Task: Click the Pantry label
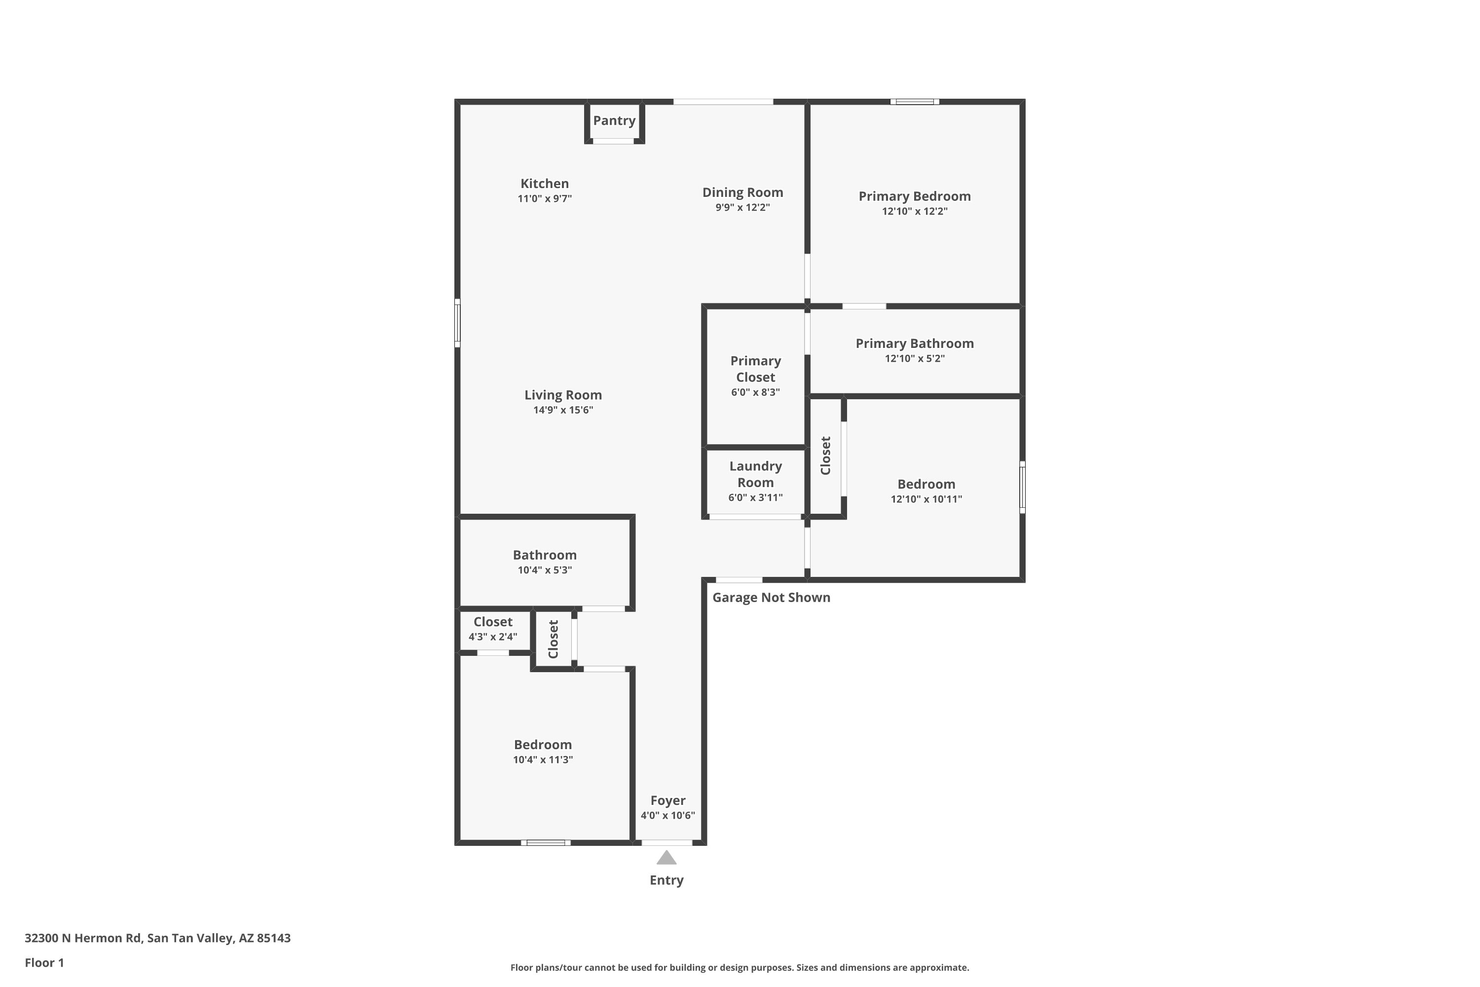pyautogui.click(x=614, y=120)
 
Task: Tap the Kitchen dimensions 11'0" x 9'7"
pyautogui.click(x=544, y=199)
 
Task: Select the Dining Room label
pyautogui.click(x=742, y=192)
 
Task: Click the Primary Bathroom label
pyautogui.click(x=914, y=343)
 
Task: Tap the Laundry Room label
pyautogui.click(x=755, y=474)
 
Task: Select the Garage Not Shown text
pyautogui.click(x=771, y=597)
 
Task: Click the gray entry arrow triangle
pyautogui.click(x=666, y=859)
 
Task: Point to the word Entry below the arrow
pyautogui.click(x=666, y=880)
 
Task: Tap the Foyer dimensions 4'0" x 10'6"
pyautogui.click(x=667, y=816)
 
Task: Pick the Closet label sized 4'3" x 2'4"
pyautogui.click(x=493, y=622)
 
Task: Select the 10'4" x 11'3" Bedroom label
pyautogui.click(x=542, y=745)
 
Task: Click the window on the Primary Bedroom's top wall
pyautogui.click(x=914, y=101)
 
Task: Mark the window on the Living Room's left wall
pyautogui.click(x=457, y=323)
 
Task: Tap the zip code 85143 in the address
pyautogui.click(x=274, y=938)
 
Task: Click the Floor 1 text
pyautogui.click(x=44, y=962)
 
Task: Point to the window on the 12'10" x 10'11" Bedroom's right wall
pyautogui.click(x=1022, y=487)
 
